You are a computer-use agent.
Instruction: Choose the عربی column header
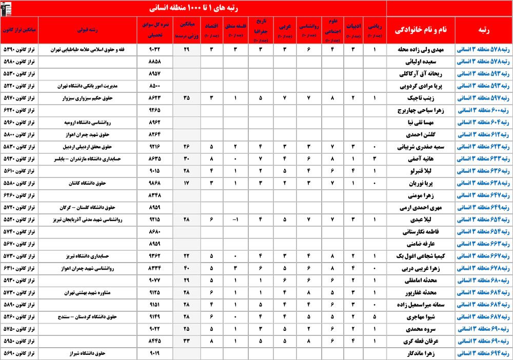[x=283, y=31]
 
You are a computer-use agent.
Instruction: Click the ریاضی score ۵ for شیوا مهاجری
[x=374, y=316]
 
